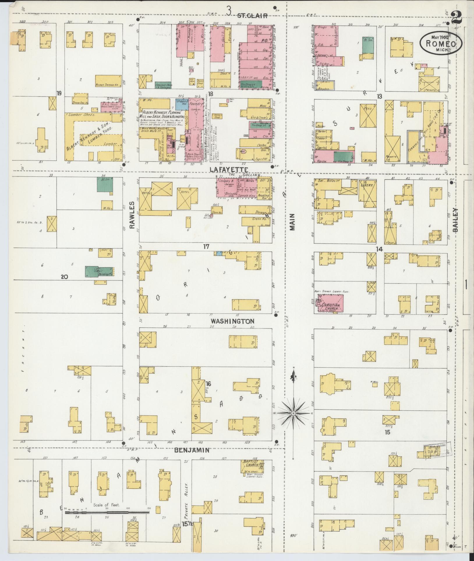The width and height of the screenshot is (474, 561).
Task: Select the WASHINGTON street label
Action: pos(233,321)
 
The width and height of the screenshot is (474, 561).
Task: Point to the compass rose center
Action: pos(294,413)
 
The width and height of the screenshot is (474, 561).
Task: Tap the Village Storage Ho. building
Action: pos(108,81)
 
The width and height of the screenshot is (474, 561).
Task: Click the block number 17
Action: pos(206,247)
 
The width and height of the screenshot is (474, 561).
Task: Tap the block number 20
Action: pos(64,277)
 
